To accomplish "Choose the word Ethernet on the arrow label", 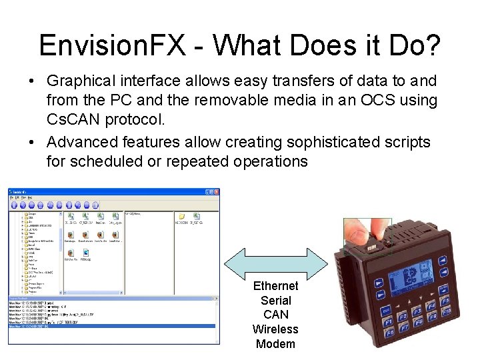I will (275, 286).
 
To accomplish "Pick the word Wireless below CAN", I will (275, 329).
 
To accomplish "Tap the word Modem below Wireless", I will (275, 344).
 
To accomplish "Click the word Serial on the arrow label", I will (275, 301).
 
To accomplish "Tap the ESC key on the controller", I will (386, 309).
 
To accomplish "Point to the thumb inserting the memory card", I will (360, 231).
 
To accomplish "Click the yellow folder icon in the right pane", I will (181, 217).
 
